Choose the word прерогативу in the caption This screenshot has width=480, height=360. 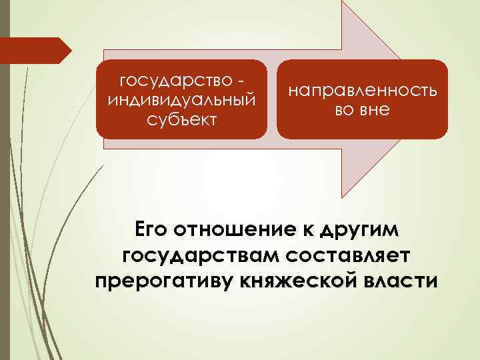click(x=163, y=281)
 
